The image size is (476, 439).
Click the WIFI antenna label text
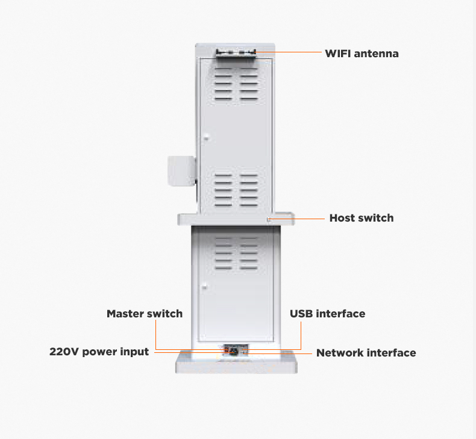(362, 54)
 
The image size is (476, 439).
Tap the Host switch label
(362, 218)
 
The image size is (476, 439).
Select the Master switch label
(145, 313)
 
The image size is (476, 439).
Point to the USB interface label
(328, 313)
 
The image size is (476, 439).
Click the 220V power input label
(99, 352)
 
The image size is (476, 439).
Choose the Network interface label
(366, 352)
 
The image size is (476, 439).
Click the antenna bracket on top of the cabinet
(236, 53)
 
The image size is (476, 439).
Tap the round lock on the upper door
(206, 139)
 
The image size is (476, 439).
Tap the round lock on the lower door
(204, 287)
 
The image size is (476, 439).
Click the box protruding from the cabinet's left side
(181, 170)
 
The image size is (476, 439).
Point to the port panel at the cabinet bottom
(236, 350)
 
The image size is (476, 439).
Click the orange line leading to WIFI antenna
(289, 52)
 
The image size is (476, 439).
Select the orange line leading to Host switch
(296, 219)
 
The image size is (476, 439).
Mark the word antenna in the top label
(376, 54)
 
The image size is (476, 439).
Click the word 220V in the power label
(64, 352)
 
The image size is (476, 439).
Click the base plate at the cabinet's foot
(236, 362)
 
